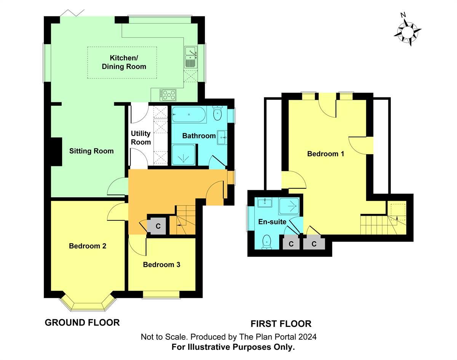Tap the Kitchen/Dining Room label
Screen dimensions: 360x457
[123, 62]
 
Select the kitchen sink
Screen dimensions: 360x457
[190, 56]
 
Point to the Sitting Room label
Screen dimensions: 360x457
[91, 151]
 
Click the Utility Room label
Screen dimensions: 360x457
[141, 138]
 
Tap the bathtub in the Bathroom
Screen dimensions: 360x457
[189, 114]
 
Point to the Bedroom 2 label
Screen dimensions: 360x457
[88, 246]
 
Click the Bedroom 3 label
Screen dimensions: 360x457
[161, 264]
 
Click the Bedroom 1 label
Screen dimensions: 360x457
[326, 154]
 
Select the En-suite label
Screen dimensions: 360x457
[272, 222]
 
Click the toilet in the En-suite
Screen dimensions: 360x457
[267, 241]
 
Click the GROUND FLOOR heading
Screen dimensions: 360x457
[82, 323]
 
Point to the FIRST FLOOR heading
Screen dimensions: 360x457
[281, 324]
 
